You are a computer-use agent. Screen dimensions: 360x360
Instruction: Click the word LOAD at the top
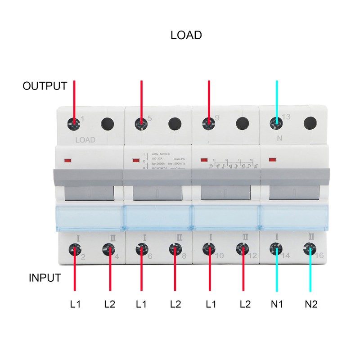[186, 35]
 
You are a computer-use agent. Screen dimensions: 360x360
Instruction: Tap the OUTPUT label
[45, 86]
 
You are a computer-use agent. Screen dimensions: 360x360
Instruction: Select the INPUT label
[45, 278]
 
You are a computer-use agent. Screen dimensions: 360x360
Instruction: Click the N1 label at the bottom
[277, 304]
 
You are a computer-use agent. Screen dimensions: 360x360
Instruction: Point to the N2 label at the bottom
[311, 304]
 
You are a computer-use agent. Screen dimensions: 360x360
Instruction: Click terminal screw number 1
[74, 123]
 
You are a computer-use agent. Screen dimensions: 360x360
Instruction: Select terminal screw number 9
[208, 123]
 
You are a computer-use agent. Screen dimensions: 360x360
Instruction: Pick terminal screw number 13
[276, 123]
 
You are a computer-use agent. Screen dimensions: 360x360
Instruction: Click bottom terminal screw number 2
[74, 249]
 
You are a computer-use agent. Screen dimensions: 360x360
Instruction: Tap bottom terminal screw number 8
[175, 249]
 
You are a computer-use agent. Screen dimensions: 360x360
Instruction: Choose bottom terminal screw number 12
[243, 249]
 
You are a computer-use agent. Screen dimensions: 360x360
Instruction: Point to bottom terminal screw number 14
[276, 249]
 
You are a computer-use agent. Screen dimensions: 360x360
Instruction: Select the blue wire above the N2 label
[310, 274]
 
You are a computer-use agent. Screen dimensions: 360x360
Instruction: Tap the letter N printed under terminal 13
[279, 139]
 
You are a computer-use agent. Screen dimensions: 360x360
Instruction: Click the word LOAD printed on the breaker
[85, 140]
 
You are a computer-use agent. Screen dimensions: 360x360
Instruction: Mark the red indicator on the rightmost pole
[272, 160]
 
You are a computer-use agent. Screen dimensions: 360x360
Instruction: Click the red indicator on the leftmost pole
[69, 160]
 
